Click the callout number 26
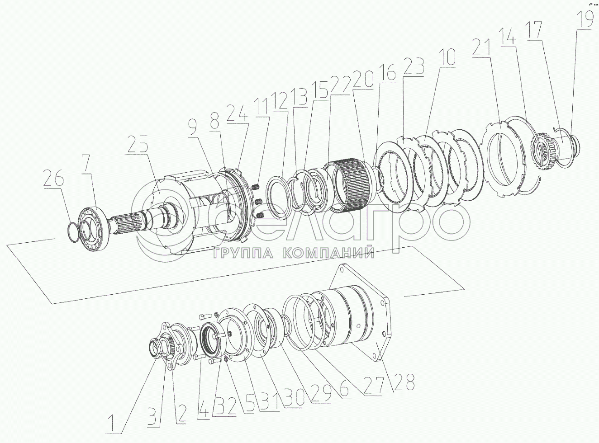[53, 178]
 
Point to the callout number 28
[404, 382]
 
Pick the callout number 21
[481, 47]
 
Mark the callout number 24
[237, 113]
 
